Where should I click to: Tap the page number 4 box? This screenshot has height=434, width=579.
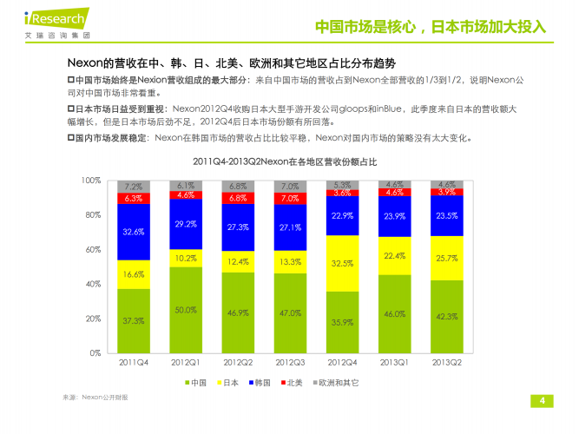click(542, 400)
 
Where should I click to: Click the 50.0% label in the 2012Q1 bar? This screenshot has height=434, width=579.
click(185, 310)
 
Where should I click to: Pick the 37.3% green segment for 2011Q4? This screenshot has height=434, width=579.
click(134, 321)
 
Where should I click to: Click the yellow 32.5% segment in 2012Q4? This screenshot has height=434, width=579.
click(342, 263)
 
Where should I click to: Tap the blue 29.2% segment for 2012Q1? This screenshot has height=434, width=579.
click(185, 224)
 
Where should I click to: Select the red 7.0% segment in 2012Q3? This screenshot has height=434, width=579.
click(290, 199)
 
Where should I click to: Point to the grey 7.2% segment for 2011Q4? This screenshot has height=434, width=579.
click(134, 187)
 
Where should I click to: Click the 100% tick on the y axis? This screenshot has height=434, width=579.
click(91, 180)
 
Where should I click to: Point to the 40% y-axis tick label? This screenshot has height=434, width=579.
click(93, 284)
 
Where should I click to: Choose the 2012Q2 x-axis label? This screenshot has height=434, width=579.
click(238, 363)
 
